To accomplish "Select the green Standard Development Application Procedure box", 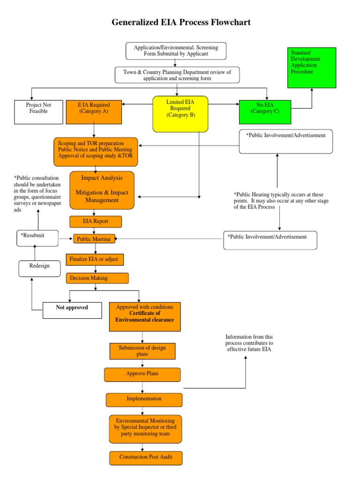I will [312, 67].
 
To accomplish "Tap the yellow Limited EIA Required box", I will [180, 113].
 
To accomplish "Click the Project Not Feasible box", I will [38, 112].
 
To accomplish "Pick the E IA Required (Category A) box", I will [94, 112].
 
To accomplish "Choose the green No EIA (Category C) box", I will [264, 112].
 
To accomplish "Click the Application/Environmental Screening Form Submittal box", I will [176, 51].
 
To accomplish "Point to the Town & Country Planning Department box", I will [177, 75].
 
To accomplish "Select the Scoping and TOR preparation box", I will [96, 152].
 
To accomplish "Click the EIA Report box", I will [96, 222].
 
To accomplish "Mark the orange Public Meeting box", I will [94, 239].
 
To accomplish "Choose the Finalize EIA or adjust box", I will [95, 260].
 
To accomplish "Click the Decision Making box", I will [97, 278].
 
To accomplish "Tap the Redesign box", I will [39, 269].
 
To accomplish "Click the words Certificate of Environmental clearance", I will [144, 316].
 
